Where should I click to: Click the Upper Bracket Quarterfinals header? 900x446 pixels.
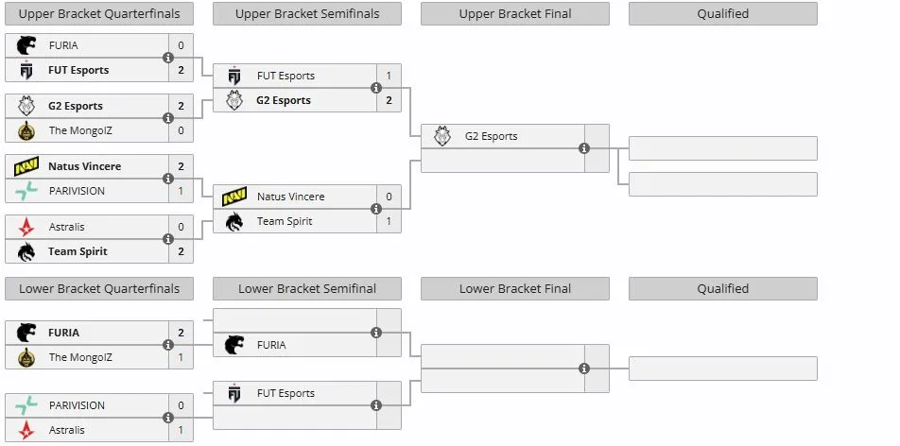[x=99, y=14]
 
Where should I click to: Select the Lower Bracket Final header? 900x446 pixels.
[x=515, y=289]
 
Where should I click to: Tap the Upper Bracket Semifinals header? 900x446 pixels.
[x=307, y=14]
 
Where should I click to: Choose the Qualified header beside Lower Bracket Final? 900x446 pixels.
[x=723, y=289]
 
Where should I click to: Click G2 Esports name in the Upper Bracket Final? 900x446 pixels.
[x=492, y=136]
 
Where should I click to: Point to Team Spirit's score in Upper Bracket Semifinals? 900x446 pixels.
[x=389, y=221]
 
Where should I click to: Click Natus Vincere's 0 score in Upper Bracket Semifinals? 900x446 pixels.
[x=389, y=197]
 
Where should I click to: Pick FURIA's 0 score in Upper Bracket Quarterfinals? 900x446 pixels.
[x=181, y=45]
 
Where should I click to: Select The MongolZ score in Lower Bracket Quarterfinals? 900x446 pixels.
[x=181, y=357]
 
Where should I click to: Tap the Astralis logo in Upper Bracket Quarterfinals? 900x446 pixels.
[x=26, y=227]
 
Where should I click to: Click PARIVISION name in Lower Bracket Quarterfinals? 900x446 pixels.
[x=77, y=405]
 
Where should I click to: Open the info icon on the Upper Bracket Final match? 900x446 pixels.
[x=584, y=148]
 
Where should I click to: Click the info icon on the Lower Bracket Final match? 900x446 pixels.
[x=584, y=369]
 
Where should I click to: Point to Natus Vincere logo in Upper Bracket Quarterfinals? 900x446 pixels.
[x=26, y=166]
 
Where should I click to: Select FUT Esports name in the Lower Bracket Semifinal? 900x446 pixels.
[x=286, y=393]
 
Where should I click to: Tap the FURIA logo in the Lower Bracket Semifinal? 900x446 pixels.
[x=234, y=345]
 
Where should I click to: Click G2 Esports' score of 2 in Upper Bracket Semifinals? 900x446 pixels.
[x=389, y=100]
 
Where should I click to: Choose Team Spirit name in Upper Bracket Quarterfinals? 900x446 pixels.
[x=78, y=251]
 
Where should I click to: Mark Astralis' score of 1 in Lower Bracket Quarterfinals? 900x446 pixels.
[x=181, y=430]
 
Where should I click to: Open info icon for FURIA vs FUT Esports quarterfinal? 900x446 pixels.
[x=168, y=58]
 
